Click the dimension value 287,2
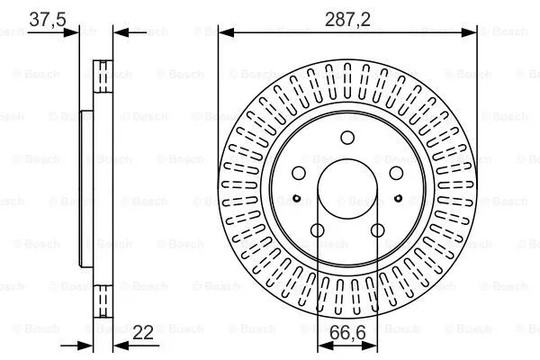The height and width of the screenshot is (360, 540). [347, 17]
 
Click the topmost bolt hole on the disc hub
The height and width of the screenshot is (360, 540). [347, 138]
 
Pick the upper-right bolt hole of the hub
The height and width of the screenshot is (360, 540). [394, 172]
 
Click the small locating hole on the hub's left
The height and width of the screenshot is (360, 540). [296, 197]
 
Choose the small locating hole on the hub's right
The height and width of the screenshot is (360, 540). [399, 197]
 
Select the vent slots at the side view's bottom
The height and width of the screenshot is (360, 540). [103, 302]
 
